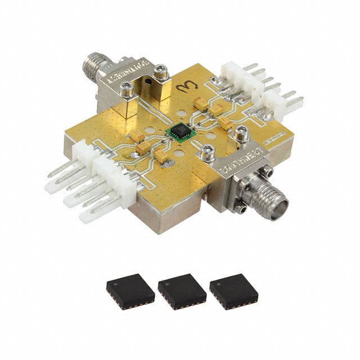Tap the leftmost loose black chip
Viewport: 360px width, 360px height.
130,291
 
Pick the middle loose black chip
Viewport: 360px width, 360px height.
182,291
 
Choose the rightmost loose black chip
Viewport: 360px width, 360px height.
233,291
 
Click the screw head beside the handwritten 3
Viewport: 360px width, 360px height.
161,71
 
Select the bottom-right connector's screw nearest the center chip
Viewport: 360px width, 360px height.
208,151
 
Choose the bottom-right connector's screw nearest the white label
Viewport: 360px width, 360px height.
242,134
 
